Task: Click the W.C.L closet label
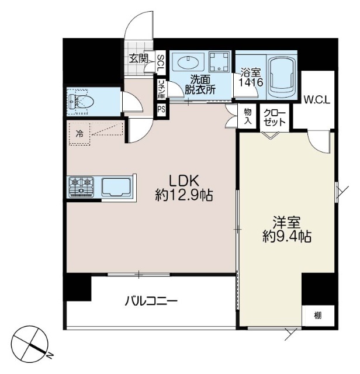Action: tap(317, 99)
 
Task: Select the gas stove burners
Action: tap(81, 186)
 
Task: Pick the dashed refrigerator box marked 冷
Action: tap(79, 133)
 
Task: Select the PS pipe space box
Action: tap(160, 109)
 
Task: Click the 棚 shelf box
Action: tap(317, 316)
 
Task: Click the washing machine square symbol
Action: tap(221, 63)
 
